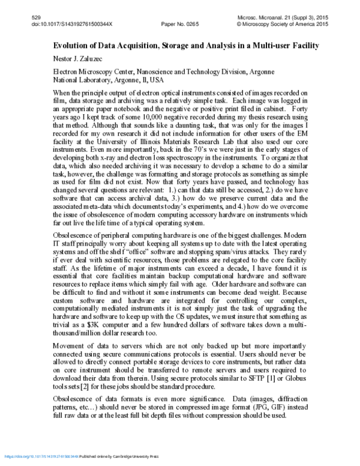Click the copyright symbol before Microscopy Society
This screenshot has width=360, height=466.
click(x=241, y=25)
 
